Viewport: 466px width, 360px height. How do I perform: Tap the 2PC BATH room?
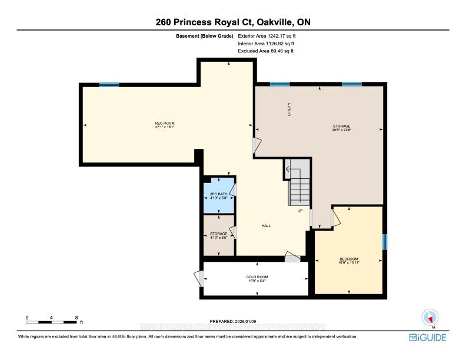click(218, 196)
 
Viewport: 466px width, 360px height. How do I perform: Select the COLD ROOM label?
click(257, 279)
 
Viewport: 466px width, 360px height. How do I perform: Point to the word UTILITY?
click(289, 109)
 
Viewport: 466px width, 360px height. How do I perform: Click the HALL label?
click(266, 226)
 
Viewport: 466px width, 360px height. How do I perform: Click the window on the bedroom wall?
click(385, 242)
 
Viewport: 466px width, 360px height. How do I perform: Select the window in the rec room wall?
click(108, 85)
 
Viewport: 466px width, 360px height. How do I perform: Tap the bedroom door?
click(335, 218)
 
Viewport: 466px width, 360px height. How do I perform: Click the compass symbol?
click(429, 318)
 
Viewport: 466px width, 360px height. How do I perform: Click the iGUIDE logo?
click(427, 337)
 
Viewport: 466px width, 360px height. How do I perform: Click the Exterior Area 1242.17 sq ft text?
click(265, 36)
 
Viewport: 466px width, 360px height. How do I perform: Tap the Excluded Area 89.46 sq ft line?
click(265, 51)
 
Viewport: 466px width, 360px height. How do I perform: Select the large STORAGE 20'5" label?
click(341, 128)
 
